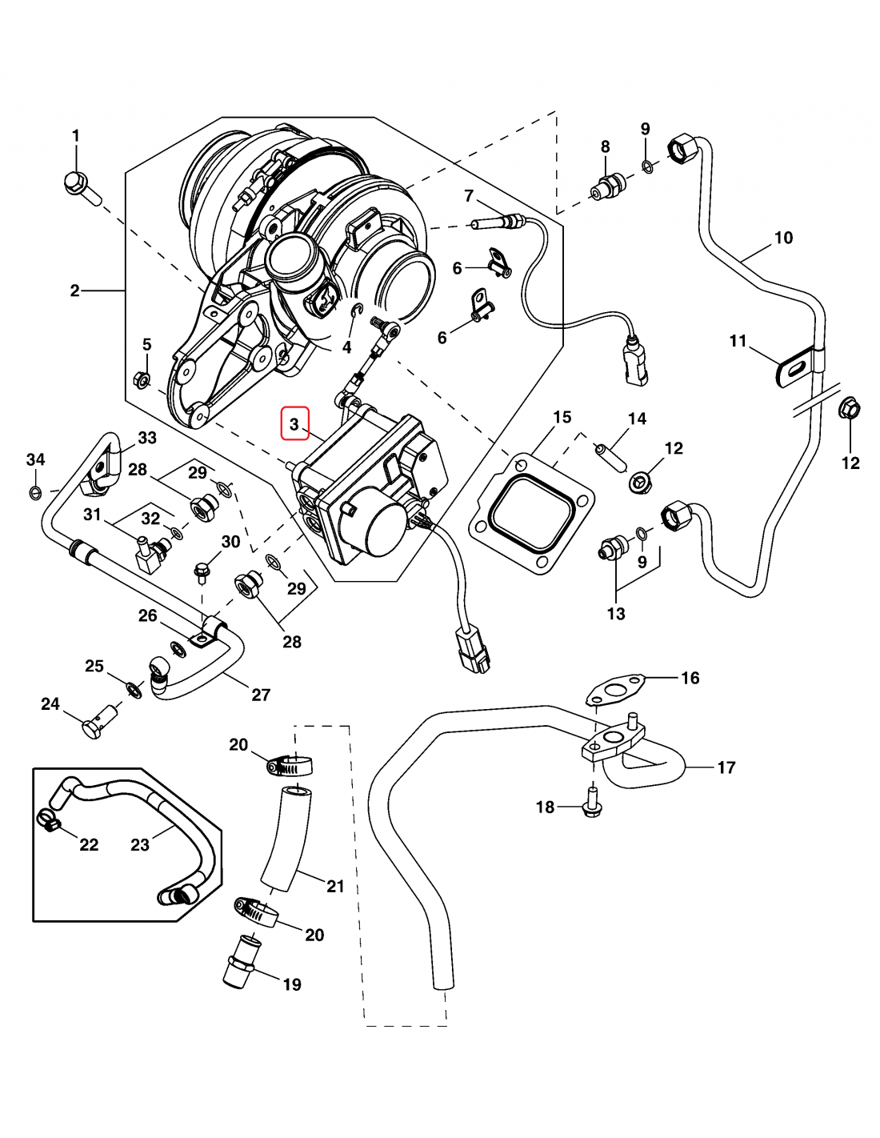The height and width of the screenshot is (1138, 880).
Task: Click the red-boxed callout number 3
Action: [294, 423]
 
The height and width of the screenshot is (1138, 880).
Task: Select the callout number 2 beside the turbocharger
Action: [74, 291]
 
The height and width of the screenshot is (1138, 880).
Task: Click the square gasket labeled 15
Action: [531, 513]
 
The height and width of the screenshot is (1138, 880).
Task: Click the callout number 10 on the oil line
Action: [783, 238]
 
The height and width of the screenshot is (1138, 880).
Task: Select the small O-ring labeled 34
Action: [35, 491]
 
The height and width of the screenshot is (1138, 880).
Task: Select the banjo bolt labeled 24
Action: [95, 725]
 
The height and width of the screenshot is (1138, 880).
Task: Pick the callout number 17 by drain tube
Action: [726, 767]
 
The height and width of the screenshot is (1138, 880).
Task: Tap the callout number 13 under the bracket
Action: [616, 614]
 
